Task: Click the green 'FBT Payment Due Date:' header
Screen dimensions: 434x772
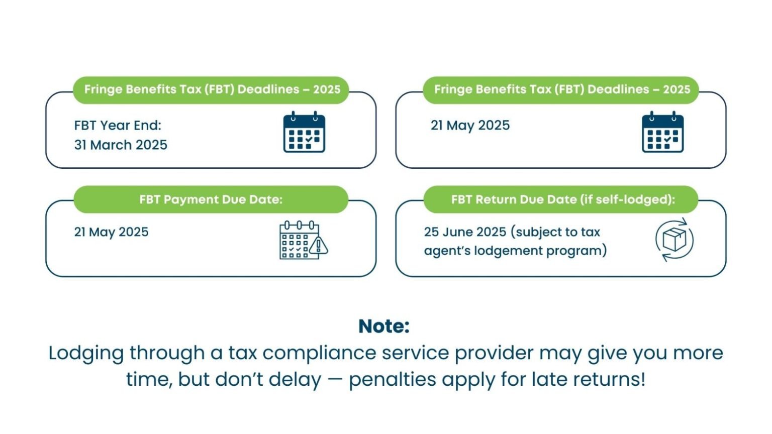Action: [x=211, y=199]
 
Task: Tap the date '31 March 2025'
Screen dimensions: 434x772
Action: [x=121, y=145]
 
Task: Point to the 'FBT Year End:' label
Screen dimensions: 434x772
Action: [x=118, y=125]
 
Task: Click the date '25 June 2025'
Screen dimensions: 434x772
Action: [x=465, y=232]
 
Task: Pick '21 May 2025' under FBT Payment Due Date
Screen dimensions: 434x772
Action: [x=111, y=232]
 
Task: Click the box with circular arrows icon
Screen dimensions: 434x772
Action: [x=674, y=240]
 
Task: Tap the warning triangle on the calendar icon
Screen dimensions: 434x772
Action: [x=319, y=246]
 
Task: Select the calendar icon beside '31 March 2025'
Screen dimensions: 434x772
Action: [x=304, y=132]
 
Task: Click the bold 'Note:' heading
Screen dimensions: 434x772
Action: [x=384, y=326]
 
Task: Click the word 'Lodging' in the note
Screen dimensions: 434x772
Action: [x=86, y=353]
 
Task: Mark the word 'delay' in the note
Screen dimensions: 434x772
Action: [x=295, y=379]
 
